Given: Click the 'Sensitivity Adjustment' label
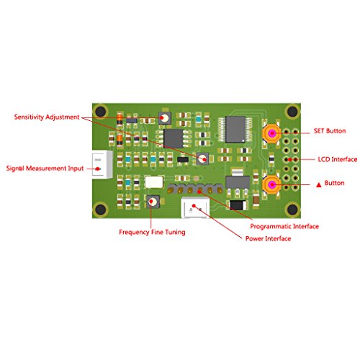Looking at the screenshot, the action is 47,117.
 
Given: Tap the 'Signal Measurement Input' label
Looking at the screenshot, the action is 45,168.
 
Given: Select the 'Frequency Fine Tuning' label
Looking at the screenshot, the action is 152,232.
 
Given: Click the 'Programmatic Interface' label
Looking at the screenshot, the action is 284,226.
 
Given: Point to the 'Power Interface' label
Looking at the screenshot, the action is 268,238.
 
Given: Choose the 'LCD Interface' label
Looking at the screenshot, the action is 338,159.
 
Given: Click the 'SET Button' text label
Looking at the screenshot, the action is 330,131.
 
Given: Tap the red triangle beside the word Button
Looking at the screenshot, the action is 319,184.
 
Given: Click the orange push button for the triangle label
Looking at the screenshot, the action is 271,184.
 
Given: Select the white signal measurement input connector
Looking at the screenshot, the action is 102,164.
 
